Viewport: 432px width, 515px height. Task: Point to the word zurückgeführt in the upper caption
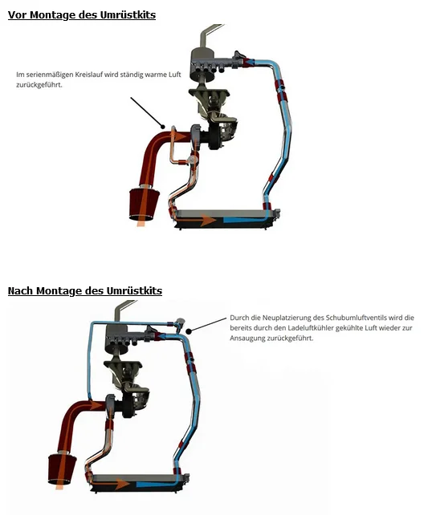(39, 84)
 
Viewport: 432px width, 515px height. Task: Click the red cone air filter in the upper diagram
(144, 203)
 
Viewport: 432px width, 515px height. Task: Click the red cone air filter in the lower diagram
(62, 468)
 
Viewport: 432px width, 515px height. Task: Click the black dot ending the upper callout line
(162, 127)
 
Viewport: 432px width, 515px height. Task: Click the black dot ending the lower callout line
(189, 331)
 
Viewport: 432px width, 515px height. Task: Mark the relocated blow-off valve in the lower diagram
(179, 322)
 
